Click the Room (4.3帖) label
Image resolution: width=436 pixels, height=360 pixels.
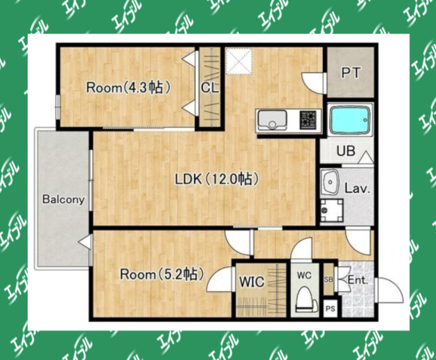(x=128, y=88)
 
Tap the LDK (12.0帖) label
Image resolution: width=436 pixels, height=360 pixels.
(x=217, y=179)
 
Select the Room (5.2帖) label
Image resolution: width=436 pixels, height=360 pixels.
(x=162, y=274)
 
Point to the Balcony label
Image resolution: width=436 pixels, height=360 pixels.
(x=63, y=200)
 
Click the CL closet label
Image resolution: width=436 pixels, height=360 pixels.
(x=210, y=88)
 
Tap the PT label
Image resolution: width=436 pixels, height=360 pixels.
(x=351, y=73)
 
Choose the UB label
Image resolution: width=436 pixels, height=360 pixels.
(x=346, y=151)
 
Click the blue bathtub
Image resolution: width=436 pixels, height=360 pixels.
(x=350, y=119)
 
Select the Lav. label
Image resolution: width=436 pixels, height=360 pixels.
(x=358, y=189)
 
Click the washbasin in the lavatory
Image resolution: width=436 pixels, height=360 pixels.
(x=330, y=182)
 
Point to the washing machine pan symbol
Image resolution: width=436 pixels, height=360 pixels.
(x=332, y=211)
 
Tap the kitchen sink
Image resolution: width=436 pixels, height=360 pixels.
(x=272, y=120)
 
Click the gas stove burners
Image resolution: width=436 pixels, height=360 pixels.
(x=308, y=120)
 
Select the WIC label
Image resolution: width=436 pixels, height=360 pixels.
(x=252, y=282)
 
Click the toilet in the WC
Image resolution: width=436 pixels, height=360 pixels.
(x=306, y=300)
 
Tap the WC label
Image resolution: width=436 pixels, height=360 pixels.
(x=304, y=275)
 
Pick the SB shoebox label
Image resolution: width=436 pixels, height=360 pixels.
(x=329, y=280)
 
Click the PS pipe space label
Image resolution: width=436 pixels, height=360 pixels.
(x=330, y=308)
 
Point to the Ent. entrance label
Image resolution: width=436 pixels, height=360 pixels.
(x=358, y=280)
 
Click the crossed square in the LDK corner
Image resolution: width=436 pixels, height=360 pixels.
(x=239, y=61)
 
